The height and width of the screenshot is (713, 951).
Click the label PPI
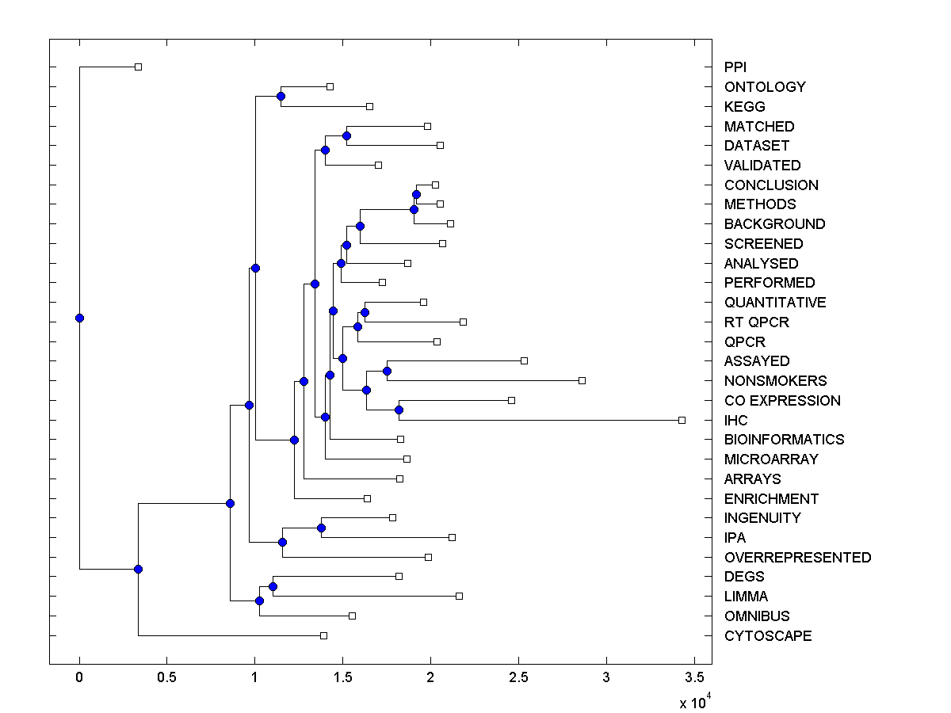[x=735, y=67]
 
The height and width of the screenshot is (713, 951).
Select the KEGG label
[x=744, y=106]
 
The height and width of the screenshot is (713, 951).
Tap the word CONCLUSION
[x=771, y=185]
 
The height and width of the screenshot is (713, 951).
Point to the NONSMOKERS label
[x=775, y=381]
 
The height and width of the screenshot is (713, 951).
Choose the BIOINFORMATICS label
[x=784, y=440]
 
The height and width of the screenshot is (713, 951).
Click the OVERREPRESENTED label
[x=797, y=558]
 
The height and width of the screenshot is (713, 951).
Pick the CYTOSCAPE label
[x=768, y=636]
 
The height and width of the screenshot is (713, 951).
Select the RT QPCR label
[x=756, y=322]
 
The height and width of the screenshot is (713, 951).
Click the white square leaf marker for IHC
[x=682, y=420]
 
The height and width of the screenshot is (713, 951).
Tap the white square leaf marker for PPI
[x=138, y=67]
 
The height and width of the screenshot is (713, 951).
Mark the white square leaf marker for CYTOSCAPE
[x=323, y=635]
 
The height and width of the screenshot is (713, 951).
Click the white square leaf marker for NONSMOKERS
[x=582, y=380]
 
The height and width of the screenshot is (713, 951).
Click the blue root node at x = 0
[x=79, y=318]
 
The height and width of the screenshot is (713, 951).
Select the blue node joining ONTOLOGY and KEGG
[x=281, y=96]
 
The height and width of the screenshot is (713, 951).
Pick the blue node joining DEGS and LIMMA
[x=273, y=586]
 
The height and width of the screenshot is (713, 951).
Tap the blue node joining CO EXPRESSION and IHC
[x=399, y=410]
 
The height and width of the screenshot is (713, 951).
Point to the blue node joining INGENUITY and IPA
[x=321, y=528]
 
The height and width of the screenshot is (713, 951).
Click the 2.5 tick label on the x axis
[x=518, y=677]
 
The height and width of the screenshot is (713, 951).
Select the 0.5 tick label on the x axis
[x=166, y=677]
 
